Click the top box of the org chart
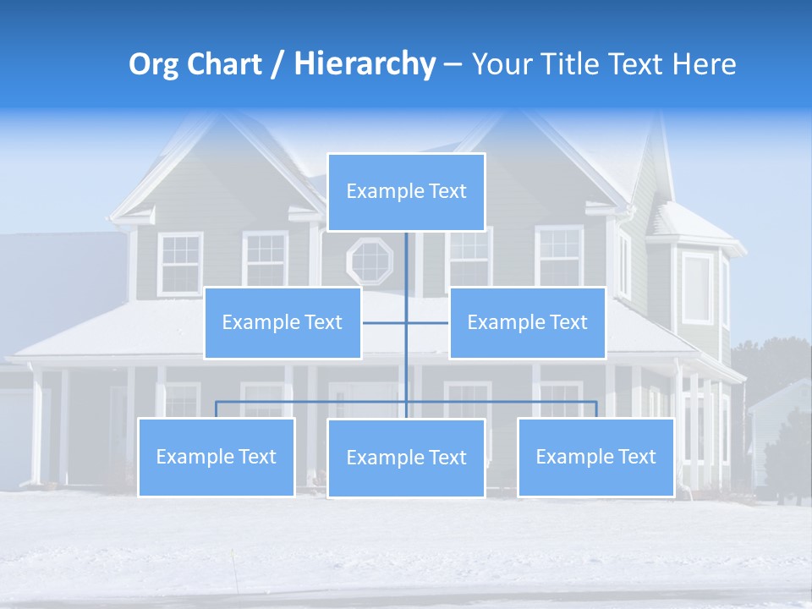point(406,192)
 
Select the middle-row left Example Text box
point(283,322)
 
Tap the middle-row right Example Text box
point(527,322)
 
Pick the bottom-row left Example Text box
point(217,457)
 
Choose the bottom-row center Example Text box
point(406,458)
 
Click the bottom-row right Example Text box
point(595,457)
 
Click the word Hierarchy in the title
point(365,64)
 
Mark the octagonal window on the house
point(370,261)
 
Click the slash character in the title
point(277,65)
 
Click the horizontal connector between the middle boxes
point(406,322)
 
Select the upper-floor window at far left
point(179,263)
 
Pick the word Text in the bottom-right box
point(636,457)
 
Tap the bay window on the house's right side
point(698,288)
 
